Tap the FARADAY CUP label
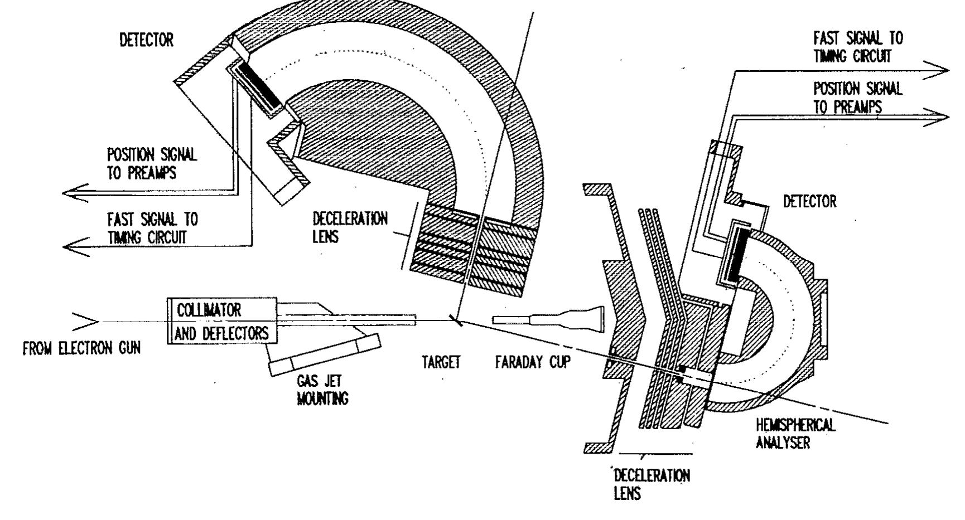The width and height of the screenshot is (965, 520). tap(533, 363)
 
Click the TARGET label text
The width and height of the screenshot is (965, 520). tap(441, 363)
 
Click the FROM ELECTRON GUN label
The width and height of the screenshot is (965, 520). tap(81, 349)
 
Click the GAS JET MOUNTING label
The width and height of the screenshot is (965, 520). tap(322, 390)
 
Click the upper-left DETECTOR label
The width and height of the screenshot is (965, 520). tap(147, 41)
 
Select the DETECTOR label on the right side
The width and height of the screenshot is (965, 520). tap(810, 201)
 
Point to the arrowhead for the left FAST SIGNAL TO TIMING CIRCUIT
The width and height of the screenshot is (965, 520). tap(76, 245)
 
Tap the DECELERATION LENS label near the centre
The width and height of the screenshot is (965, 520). tap(350, 226)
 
